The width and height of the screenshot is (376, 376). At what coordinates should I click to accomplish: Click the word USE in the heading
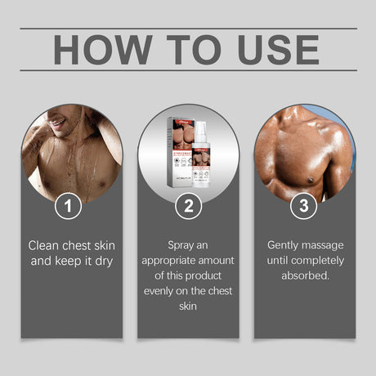tap(273, 50)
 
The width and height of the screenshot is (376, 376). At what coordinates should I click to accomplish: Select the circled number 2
tap(188, 206)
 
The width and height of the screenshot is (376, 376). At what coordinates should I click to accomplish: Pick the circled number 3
tap(303, 206)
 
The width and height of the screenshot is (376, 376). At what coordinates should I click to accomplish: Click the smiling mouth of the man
tap(57, 124)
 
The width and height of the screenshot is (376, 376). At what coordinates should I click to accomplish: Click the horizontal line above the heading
tap(188, 28)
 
